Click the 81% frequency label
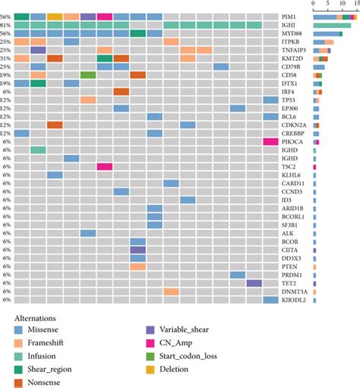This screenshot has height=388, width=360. click(x=6, y=25)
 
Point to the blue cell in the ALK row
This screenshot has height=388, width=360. click(x=88, y=233)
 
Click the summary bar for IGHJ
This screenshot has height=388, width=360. click(x=331, y=25)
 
